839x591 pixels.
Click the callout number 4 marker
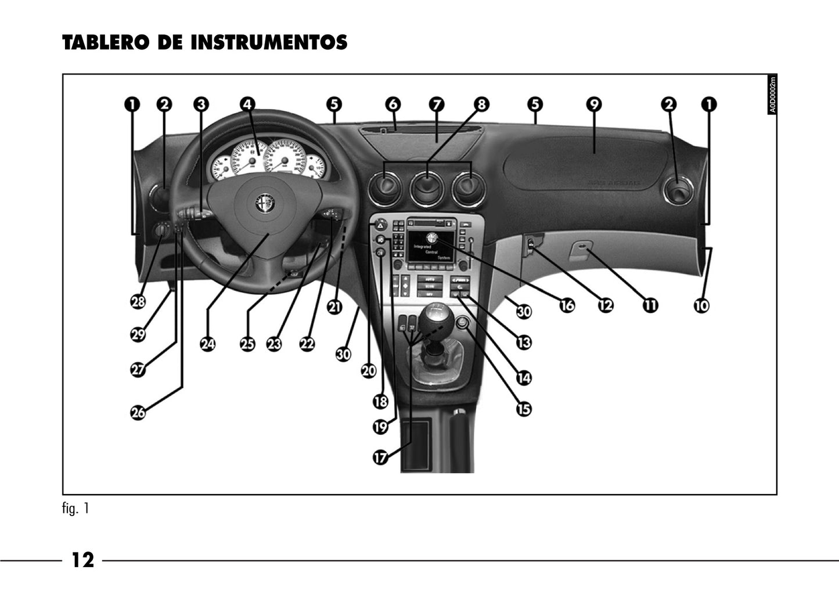coord(248,104)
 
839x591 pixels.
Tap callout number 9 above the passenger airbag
coord(593,104)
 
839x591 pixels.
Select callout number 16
coord(567,305)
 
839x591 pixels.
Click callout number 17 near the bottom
coord(380,457)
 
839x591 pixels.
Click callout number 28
coord(138,302)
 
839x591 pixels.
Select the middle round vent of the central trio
coord(427,189)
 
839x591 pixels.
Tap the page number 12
coord(82,560)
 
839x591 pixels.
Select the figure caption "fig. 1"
coord(75,509)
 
